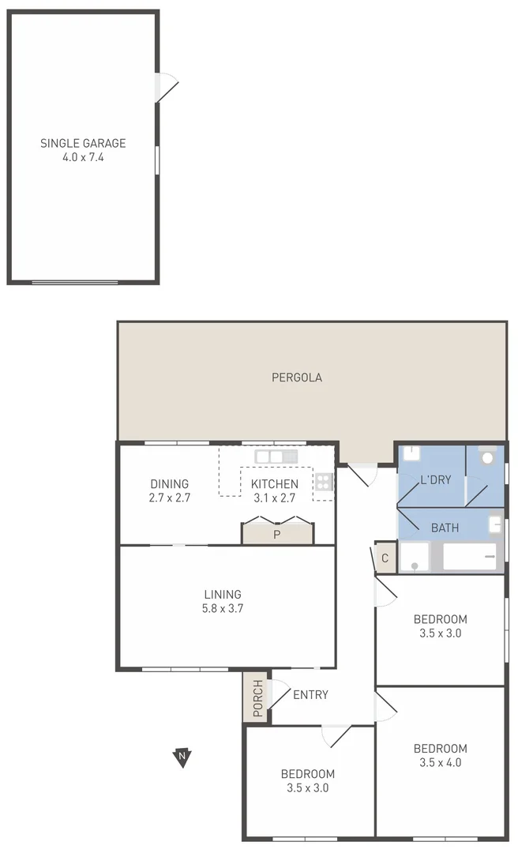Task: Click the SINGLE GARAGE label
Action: (83, 144)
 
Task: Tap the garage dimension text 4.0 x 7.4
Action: (83, 157)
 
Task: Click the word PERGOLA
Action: (297, 378)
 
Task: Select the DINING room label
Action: (170, 484)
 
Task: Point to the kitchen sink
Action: (276, 457)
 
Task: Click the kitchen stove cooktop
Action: (323, 482)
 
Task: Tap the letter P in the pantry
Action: (277, 535)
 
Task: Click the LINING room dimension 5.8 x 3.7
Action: (223, 608)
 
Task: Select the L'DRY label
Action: (435, 479)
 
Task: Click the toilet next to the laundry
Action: (487, 457)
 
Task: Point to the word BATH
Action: (445, 528)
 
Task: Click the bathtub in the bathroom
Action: (469, 556)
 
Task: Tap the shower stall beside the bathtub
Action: (414, 556)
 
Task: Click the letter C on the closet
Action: (385, 558)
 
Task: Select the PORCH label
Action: (257, 699)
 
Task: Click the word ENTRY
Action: (310, 695)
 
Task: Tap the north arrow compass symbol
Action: (182, 757)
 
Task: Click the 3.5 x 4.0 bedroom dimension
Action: (441, 762)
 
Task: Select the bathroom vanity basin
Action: (495, 523)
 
